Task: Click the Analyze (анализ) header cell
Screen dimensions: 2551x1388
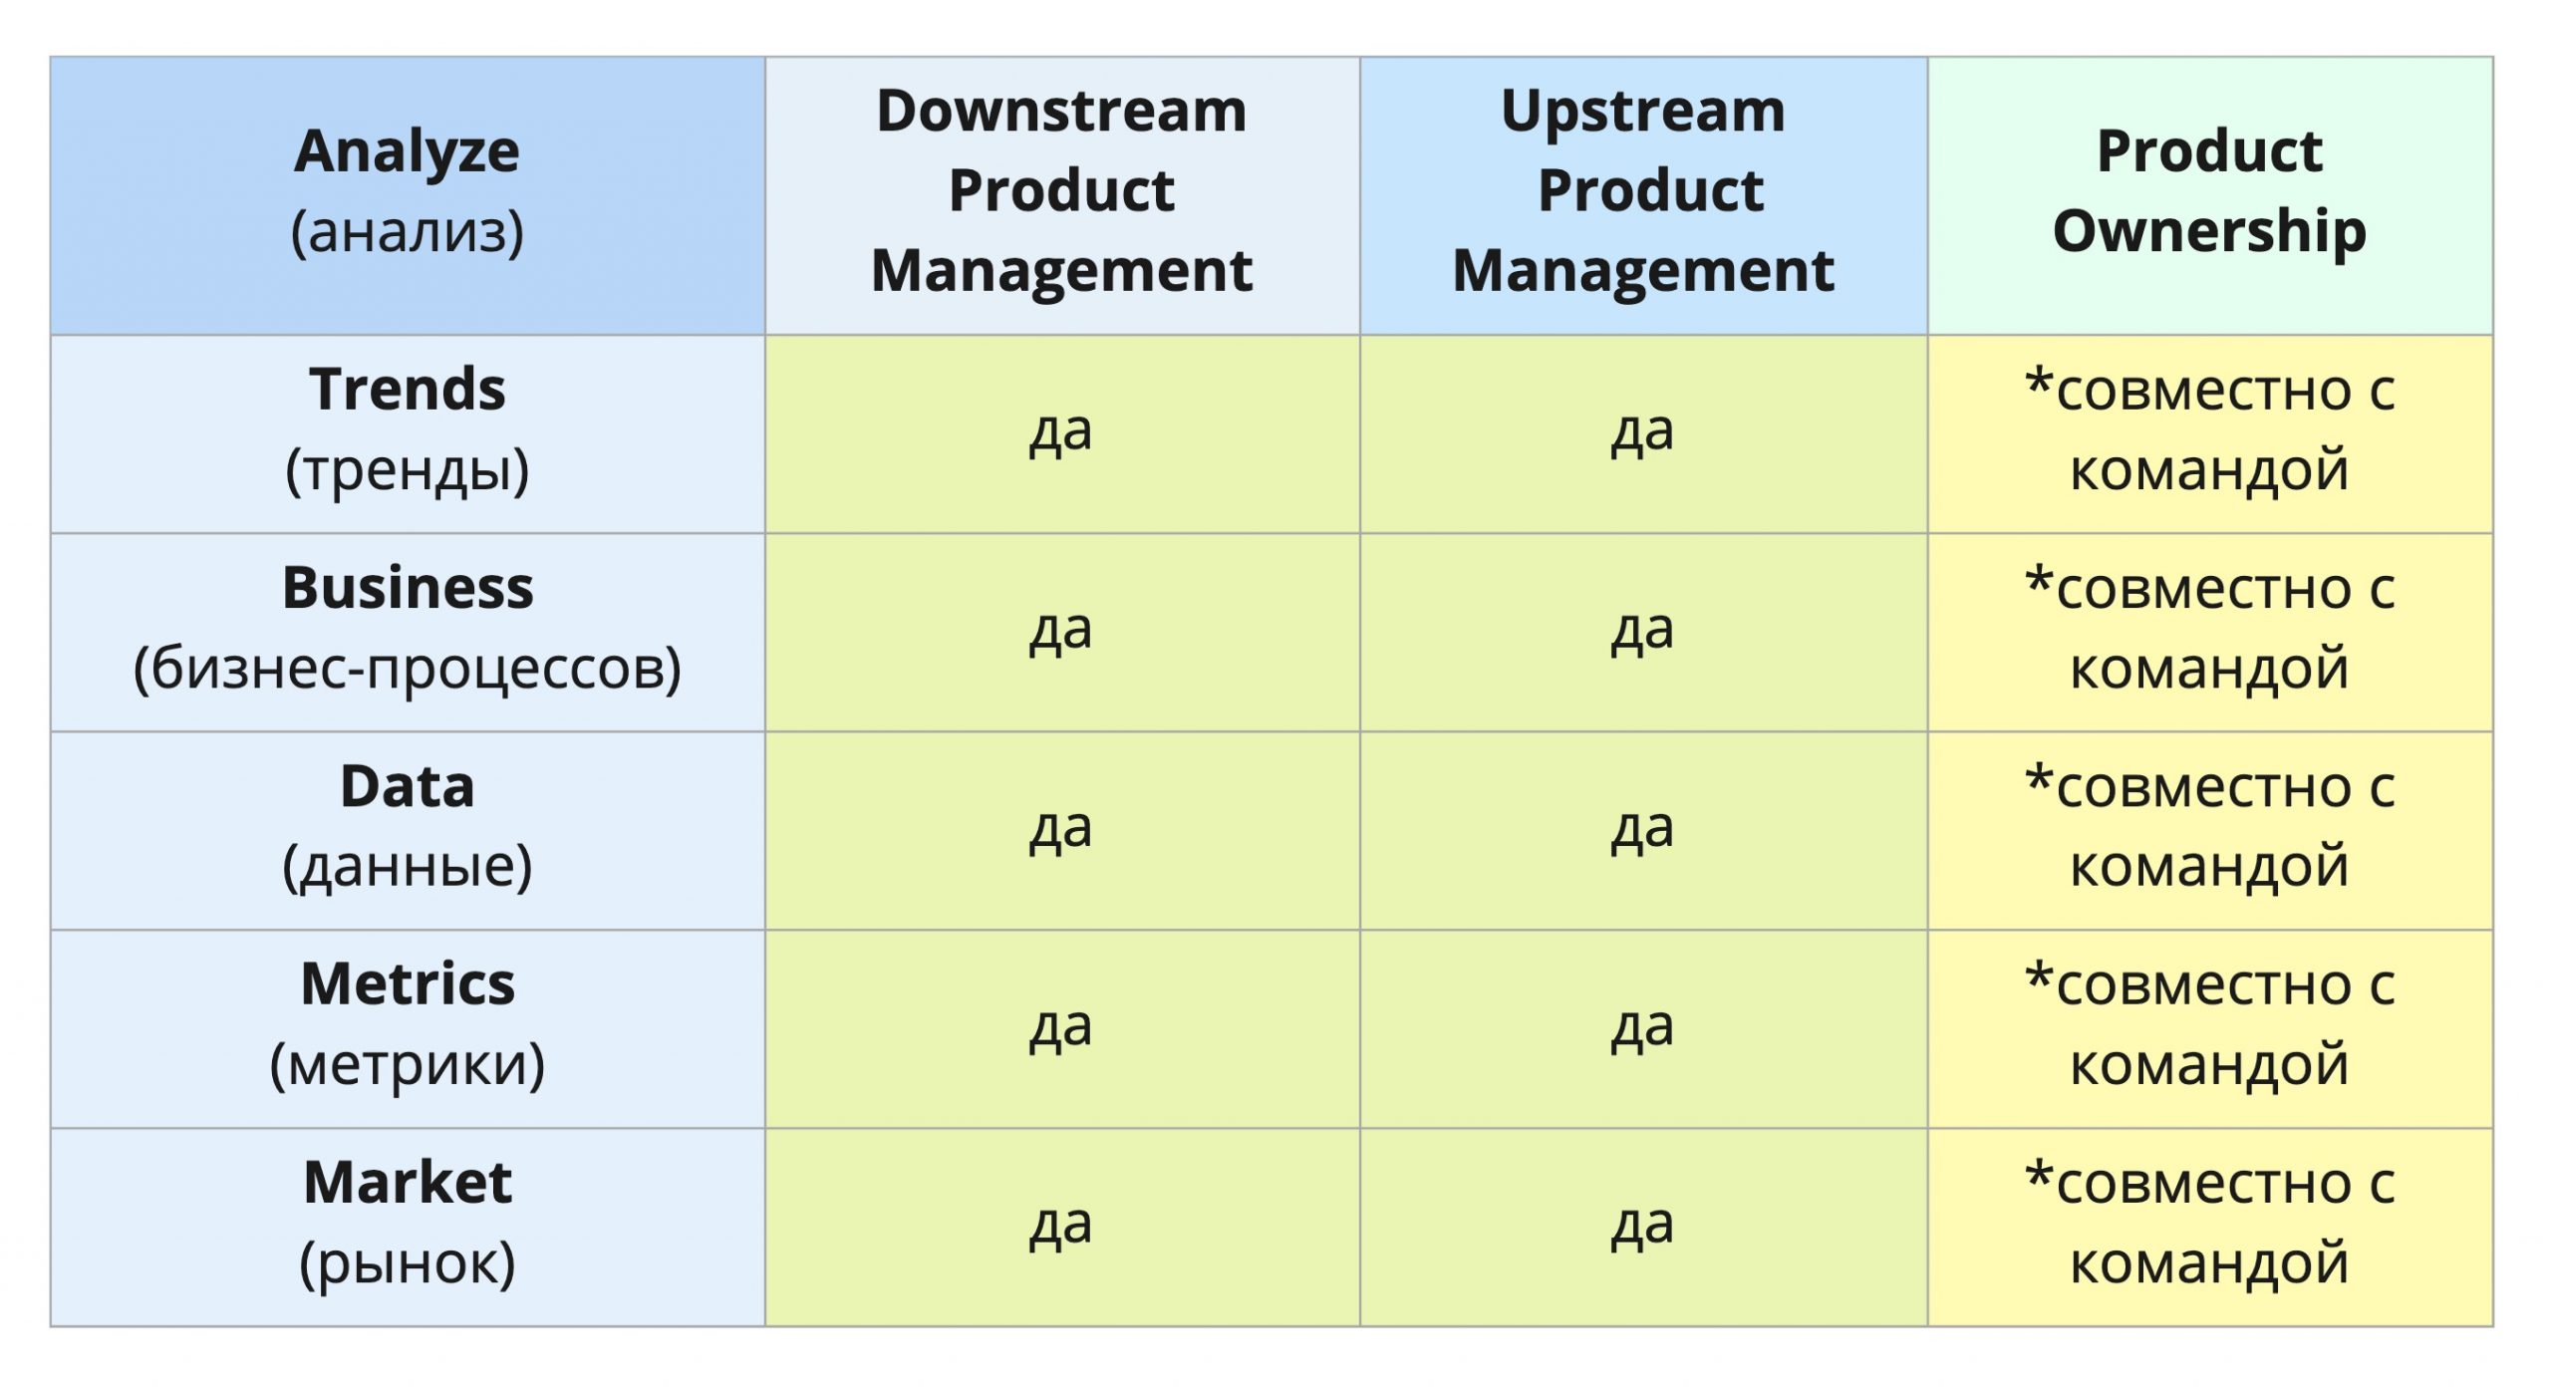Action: click(x=408, y=195)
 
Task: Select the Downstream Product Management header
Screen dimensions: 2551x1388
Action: click(x=1062, y=195)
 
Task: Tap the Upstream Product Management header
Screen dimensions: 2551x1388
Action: click(x=1643, y=195)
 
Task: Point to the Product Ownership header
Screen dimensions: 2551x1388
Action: click(x=2210, y=195)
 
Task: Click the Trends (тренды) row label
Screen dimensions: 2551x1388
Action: click(x=408, y=433)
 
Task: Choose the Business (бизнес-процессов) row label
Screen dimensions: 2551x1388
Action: click(x=408, y=632)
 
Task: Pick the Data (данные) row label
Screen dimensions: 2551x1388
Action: click(x=408, y=830)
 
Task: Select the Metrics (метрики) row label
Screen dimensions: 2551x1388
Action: click(x=408, y=1028)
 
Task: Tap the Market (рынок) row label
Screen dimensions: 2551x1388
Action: click(x=408, y=1227)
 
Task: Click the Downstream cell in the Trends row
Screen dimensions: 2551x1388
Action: click(x=1062, y=433)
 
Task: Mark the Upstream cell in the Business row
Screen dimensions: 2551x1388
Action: click(x=1643, y=632)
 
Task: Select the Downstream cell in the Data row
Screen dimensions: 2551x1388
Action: click(x=1062, y=830)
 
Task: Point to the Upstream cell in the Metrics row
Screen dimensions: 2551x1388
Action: click(x=1643, y=1028)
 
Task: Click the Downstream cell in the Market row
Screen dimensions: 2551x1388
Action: click(x=1062, y=1227)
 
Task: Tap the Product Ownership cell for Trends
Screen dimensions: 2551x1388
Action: click(x=2210, y=433)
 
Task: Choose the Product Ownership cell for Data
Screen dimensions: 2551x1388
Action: click(x=2210, y=830)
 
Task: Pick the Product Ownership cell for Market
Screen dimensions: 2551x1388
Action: click(x=2210, y=1227)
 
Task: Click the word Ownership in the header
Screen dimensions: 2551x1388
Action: click(x=2209, y=233)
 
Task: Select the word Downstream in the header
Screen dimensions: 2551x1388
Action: click(x=1061, y=111)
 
